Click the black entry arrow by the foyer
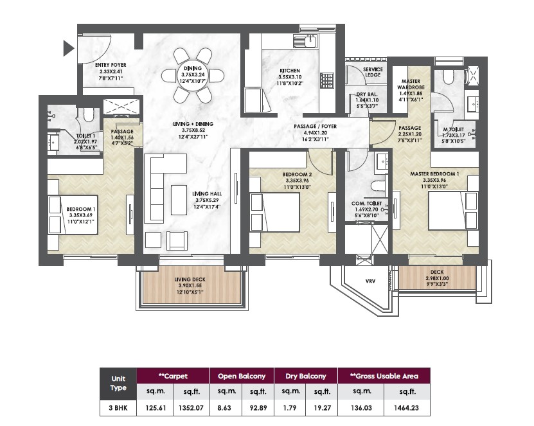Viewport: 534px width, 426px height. coord(68,48)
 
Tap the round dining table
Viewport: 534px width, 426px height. coord(193,76)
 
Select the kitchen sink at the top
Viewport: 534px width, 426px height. coord(306,42)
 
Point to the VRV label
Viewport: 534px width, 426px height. coord(370,281)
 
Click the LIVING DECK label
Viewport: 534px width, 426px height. coord(190,280)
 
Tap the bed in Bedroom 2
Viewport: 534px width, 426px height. coord(275,213)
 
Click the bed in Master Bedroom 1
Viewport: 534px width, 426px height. coord(453,211)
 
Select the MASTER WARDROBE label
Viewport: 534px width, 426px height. coord(411,84)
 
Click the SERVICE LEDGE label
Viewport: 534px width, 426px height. coord(373,72)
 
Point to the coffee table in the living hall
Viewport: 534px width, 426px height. coord(179,200)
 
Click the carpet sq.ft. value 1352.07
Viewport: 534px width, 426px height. coord(191,407)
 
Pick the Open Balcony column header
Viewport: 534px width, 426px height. coord(242,377)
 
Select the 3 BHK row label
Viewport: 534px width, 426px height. coord(118,407)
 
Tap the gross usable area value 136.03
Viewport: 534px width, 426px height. coord(361,407)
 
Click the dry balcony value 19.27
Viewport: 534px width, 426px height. coord(322,407)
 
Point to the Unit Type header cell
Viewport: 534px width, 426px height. coord(118,383)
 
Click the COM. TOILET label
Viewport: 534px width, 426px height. coord(366,203)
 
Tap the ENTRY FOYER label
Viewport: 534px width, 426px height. coord(111,65)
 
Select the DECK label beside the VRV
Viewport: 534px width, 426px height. coord(437,272)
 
